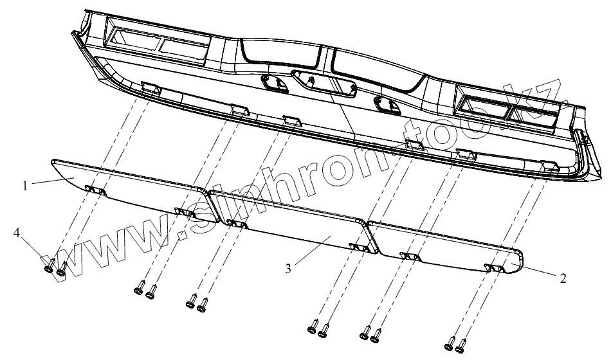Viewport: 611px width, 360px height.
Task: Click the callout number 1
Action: [x=24, y=186]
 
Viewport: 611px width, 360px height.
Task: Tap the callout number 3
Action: [x=288, y=268]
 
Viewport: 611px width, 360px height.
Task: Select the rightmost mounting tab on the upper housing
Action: [x=549, y=165]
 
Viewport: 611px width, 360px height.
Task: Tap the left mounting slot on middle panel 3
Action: [x=233, y=224]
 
